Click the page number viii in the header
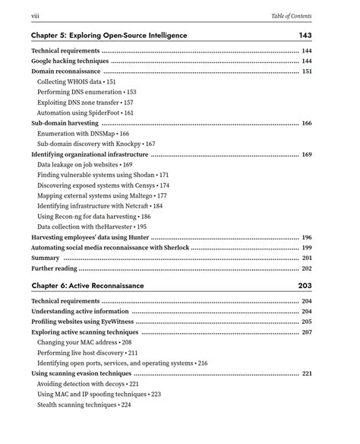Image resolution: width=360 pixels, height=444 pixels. coord(35,16)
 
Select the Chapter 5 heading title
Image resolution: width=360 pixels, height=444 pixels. coord(109,36)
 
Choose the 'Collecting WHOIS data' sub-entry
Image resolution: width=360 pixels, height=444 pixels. coord(69,81)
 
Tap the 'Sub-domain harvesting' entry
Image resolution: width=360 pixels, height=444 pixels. coord(65,123)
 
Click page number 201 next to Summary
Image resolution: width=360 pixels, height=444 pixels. coord(307,258)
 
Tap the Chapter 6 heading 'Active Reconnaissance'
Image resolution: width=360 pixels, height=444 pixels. coord(106,286)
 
